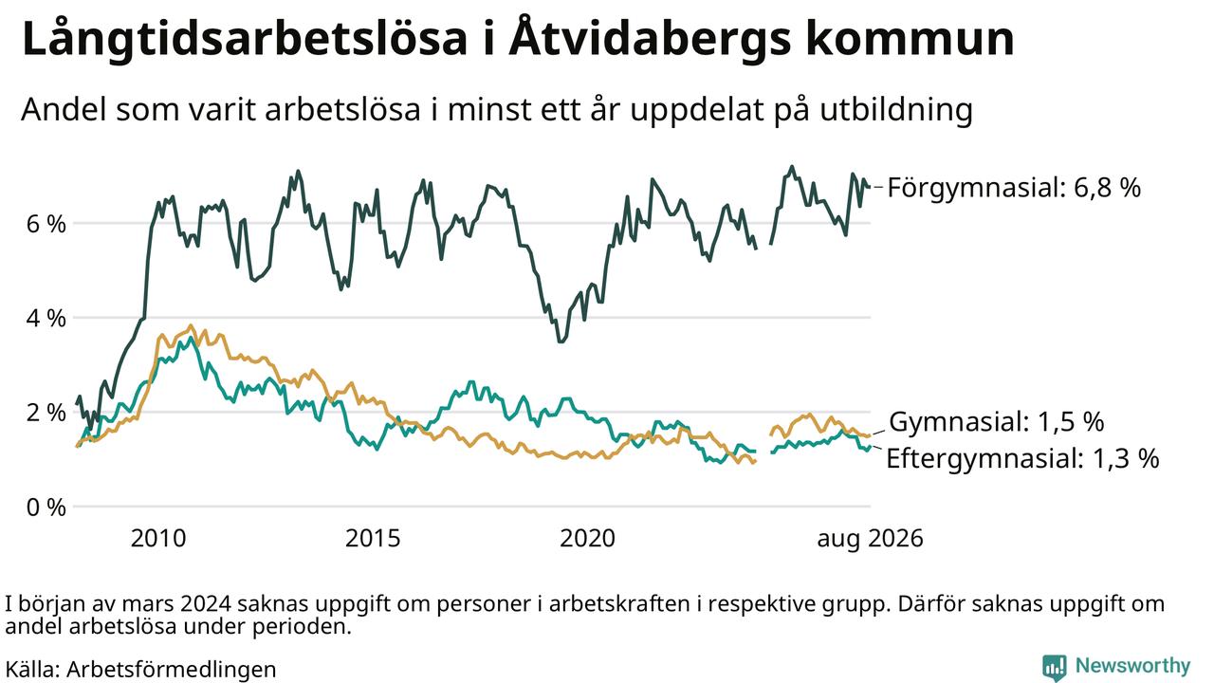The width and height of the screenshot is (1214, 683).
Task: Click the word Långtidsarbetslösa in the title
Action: pyautogui.click(x=245, y=39)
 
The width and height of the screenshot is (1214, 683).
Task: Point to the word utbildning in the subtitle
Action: pyautogui.click(x=896, y=110)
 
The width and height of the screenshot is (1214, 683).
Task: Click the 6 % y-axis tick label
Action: pyautogui.click(x=46, y=223)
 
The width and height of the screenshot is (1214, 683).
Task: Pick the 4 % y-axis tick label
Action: pyautogui.click(x=46, y=318)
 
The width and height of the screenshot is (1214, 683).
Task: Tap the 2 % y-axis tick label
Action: pyautogui.click(x=46, y=413)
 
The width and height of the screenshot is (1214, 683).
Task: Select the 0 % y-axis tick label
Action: pyautogui.click(x=46, y=508)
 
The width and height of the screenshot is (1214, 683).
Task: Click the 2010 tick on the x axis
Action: pyautogui.click(x=158, y=538)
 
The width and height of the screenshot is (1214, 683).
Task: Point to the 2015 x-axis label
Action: pyautogui.click(x=373, y=538)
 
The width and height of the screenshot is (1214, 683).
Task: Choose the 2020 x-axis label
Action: pyautogui.click(x=587, y=538)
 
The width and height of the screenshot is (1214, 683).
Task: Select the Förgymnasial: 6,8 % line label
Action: pyautogui.click(x=1014, y=188)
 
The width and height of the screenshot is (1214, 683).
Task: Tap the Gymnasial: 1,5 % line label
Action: pyautogui.click(x=996, y=422)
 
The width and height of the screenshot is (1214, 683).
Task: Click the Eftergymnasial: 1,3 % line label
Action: pyautogui.click(x=1022, y=459)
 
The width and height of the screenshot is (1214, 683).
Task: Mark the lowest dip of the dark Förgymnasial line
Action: pyautogui.click(x=561, y=341)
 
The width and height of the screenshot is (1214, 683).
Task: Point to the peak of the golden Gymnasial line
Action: pyautogui.click(x=191, y=325)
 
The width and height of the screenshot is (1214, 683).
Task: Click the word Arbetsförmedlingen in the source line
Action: pyautogui.click(x=172, y=670)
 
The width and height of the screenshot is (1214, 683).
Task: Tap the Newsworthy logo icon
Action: pyautogui.click(x=1054, y=667)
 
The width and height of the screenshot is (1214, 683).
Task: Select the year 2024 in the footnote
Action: pyautogui.click(x=207, y=604)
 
